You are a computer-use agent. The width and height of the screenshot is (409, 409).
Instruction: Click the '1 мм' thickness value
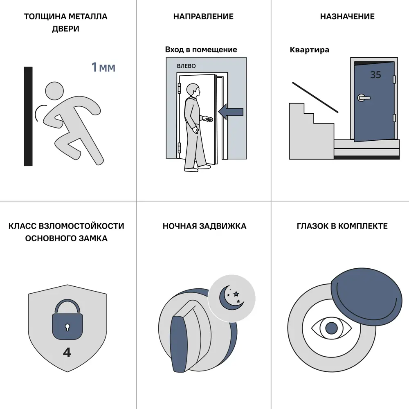103,67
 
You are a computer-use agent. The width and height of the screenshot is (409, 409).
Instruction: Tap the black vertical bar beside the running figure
28,116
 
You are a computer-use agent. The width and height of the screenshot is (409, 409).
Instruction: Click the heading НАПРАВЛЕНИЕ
203,16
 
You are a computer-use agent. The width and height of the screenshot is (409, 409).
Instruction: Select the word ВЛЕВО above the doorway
186,66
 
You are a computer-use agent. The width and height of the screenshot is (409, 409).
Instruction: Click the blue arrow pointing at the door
231,112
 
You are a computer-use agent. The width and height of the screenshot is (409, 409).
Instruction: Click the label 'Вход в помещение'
201,49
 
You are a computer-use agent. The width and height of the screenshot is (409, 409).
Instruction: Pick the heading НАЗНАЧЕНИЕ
347,16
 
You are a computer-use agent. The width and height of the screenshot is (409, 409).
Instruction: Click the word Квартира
309,50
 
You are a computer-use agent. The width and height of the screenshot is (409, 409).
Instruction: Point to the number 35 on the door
375,75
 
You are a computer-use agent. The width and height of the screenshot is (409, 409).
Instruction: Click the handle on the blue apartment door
363,98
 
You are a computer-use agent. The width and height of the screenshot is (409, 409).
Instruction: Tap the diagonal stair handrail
315,98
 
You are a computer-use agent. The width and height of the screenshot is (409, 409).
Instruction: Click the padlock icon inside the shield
67,319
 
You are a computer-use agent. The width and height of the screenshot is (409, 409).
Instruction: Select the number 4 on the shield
67,353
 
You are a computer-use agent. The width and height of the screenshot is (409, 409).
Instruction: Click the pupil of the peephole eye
332,328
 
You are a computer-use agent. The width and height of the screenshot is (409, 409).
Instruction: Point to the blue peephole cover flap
367,297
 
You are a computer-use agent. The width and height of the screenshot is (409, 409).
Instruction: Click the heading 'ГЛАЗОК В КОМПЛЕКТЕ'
342,226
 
